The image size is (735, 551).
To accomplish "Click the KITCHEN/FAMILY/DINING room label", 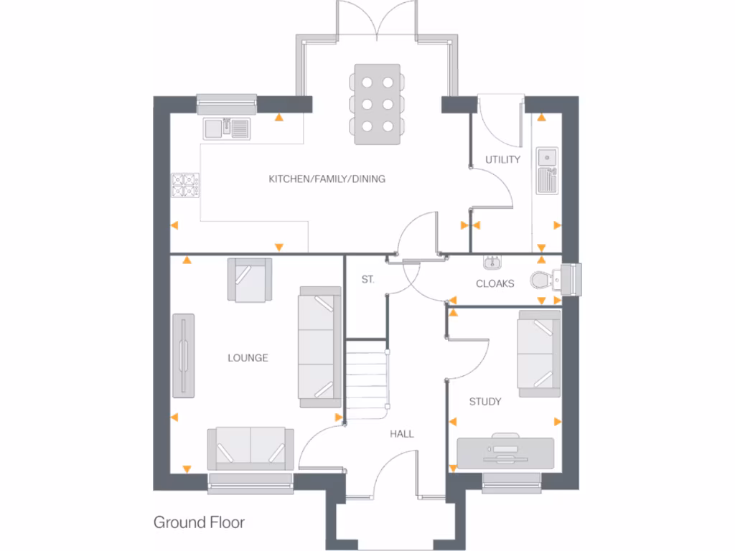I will coord(327,179).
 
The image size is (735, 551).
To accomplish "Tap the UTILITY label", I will coord(502,159).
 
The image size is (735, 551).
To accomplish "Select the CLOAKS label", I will coord(495,283).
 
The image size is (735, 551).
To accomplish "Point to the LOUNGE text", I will coord(248,357).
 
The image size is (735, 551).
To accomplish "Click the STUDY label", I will coord(484,401).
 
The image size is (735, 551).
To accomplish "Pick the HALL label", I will coord(401,433).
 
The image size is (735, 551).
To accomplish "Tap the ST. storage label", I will coord(367,280).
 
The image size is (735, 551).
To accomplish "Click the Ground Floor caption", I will coord(199,522).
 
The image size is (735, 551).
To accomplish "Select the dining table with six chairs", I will coord(377,105).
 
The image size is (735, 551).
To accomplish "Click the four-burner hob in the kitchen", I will coord(185,186).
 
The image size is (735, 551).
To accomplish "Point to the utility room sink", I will coord(547,170).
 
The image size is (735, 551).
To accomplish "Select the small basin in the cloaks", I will coord(492,261).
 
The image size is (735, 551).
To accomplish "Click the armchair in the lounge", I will coord(250,279).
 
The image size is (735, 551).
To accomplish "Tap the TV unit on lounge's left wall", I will coord(184,354).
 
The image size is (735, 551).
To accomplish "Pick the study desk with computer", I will coord(505,453).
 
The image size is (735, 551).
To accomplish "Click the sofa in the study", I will coord(539,353).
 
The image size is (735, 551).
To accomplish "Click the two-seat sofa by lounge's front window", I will coord(250,448).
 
